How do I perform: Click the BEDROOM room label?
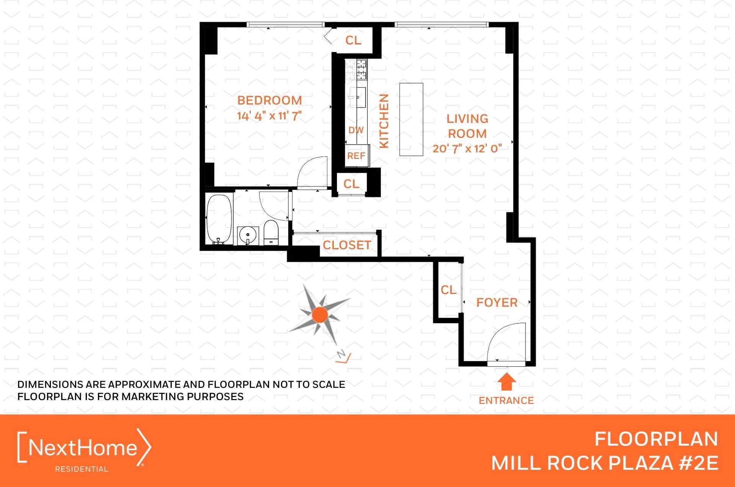point(269,100)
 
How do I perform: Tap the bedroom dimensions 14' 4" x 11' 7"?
point(269,116)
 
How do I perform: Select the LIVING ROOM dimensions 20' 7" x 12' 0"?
point(467,149)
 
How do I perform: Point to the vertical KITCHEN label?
point(384,121)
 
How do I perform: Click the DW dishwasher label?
point(356,130)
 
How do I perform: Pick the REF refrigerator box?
point(356,155)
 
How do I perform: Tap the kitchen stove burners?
point(356,69)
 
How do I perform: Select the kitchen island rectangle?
point(411,119)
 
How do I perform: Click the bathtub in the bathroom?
point(219,219)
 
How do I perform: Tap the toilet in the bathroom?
point(271,232)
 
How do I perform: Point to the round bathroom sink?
point(248,235)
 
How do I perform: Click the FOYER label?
point(497,302)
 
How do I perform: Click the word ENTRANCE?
point(506,400)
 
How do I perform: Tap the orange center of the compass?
point(320,315)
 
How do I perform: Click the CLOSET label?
point(347,245)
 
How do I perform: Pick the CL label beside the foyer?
point(448,290)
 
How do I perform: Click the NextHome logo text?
point(83,447)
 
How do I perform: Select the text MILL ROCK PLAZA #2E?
point(604,463)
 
